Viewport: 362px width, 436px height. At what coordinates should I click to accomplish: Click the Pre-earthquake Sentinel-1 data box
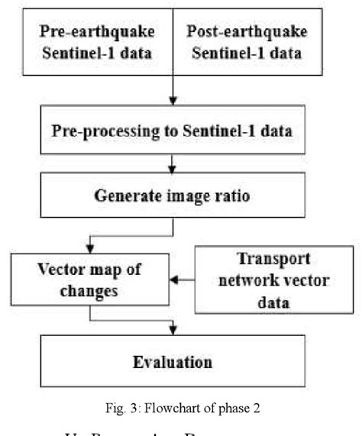coord(98,44)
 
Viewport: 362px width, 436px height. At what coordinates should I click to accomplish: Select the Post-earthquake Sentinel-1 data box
coord(245,44)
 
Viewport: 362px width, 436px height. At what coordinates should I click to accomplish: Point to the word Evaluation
coord(175,360)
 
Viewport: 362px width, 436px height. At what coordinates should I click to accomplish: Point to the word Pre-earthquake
coord(98,33)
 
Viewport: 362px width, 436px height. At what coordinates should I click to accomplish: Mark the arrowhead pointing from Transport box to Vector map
coord(174,279)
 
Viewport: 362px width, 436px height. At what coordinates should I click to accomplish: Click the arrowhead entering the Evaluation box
coord(175,329)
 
